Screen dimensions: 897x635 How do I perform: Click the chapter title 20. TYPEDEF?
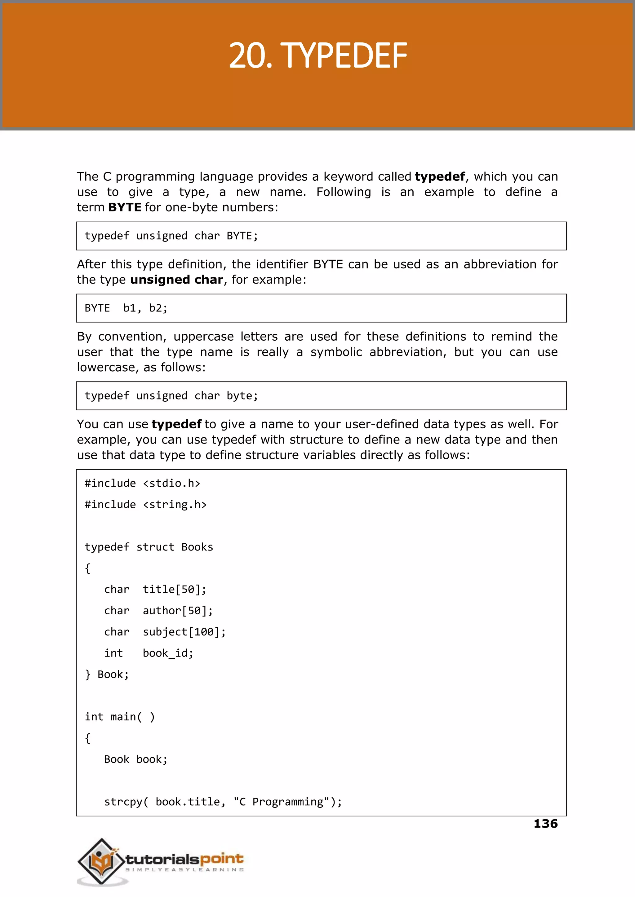click(317, 56)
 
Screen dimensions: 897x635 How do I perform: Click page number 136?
click(545, 824)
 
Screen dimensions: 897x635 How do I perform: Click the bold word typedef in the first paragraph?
click(439, 177)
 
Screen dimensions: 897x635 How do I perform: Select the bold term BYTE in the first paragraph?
click(125, 207)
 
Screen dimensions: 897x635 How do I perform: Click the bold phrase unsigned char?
click(176, 280)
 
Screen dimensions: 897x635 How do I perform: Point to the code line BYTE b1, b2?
click(126, 308)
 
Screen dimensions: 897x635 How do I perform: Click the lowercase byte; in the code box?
click(242, 396)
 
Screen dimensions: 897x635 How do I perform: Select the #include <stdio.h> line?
click(142, 484)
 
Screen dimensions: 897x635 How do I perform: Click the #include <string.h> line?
click(145, 505)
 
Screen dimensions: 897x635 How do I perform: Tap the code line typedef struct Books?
click(149, 547)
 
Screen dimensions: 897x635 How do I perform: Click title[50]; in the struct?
click(174, 590)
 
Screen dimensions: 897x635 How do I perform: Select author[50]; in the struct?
click(178, 611)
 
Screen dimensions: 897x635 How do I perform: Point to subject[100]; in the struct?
click(184, 632)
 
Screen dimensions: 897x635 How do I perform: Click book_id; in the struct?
click(168, 653)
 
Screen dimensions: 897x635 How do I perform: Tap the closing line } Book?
click(107, 674)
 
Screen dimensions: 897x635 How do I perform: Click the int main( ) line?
click(120, 717)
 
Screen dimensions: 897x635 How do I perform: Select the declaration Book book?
click(136, 759)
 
